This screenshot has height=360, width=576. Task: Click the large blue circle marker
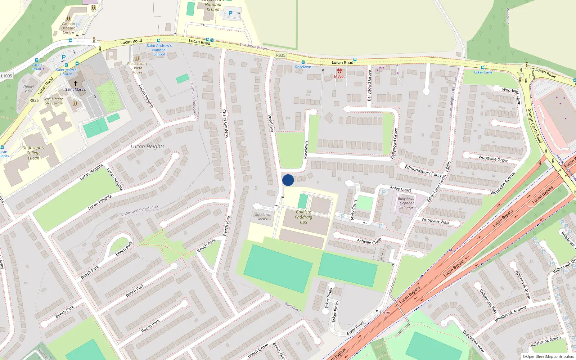pyautogui.click(x=288, y=180)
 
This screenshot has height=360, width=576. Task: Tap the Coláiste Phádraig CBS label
pyautogui.click(x=303, y=217)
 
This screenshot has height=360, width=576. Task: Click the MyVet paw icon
pyautogui.click(x=339, y=71)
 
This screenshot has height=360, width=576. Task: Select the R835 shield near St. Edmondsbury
pyautogui.click(x=280, y=55)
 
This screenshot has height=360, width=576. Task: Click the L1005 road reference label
pyautogui.click(x=6, y=76)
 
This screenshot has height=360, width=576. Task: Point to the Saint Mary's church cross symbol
pyautogui.click(x=76, y=83)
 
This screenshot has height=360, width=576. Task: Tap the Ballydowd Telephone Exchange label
pyautogui.click(x=406, y=203)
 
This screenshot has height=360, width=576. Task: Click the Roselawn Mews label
pyautogui.click(x=262, y=217)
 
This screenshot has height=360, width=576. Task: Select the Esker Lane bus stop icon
pyautogui.click(x=483, y=68)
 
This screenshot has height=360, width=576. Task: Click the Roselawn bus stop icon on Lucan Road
pyautogui.click(x=303, y=62)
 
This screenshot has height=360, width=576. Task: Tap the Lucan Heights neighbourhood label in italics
pyautogui.click(x=147, y=147)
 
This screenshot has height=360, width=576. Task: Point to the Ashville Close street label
pyautogui.click(x=369, y=241)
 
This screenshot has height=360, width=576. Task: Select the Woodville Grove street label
pyautogui.click(x=493, y=159)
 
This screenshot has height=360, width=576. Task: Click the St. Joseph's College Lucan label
pyautogui.click(x=33, y=153)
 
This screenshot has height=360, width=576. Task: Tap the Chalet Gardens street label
pyautogui.click(x=225, y=123)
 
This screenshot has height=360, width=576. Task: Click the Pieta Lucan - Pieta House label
pyautogui.click(x=137, y=68)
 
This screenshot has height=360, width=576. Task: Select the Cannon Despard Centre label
pyautogui.click(x=68, y=28)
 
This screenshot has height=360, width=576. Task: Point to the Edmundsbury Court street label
pyautogui.click(x=423, y=171)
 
